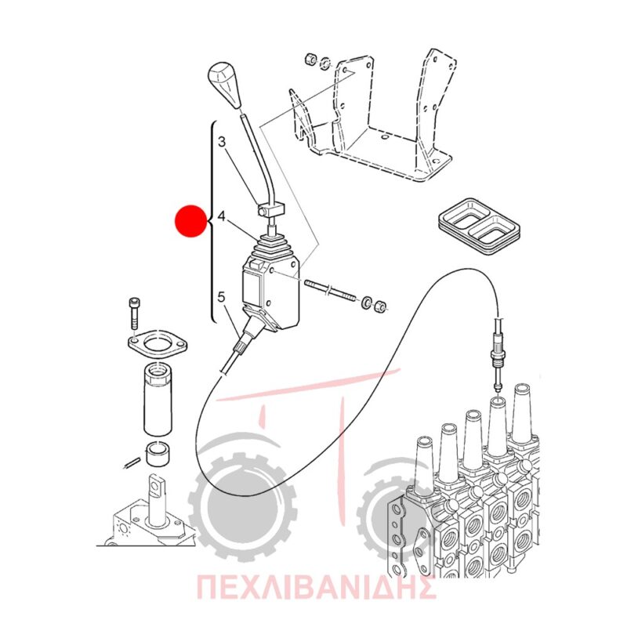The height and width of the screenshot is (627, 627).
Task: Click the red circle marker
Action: pyautogui.click(x=191, y=221)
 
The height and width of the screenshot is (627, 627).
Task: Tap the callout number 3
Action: pyautogui.click(x=223, y=142)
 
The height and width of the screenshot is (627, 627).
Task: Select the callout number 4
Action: pyautogui.click(x=222, y=216)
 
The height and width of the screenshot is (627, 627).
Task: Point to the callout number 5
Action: pyautogui.click(x=221, y=297)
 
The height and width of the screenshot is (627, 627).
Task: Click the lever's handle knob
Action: pyautogui.click(x=224, y=84)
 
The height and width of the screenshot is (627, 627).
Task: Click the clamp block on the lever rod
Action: pyautogui.click(x=270, y=209)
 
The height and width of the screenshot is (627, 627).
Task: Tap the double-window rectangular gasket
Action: pyautogui.click(x=479, y=224)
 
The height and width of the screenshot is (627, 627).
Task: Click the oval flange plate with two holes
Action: pyautogui.click(x=158, y=343)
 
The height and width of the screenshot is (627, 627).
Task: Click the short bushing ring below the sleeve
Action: pyautogui.click(x=158, y=454)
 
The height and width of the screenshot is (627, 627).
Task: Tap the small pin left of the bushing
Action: pyautogui.click(x=130, y=462)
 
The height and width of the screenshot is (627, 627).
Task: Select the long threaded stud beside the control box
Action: pyautogui.click(x=330, y=290)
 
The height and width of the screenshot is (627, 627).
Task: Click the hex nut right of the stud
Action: pyautogui.click(x=380, y=306)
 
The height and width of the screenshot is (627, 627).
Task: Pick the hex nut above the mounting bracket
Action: pyautogui.click(x=310, y=59)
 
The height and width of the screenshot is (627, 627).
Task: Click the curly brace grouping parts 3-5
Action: pyautogui.click(x=212, y=221)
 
